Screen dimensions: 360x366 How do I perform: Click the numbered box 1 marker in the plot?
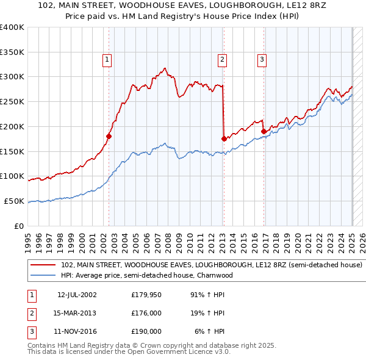[x=107, y=59]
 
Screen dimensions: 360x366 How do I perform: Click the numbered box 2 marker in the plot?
[x=221, y=59]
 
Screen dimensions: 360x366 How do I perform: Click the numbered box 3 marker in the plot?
[x=262, y=59]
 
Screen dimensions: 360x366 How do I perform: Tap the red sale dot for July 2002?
[x=109, y=136]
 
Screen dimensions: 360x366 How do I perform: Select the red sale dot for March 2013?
[x=224, y=139]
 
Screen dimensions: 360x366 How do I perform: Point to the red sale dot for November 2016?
[x=264, y=131]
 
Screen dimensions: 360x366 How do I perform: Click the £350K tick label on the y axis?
[x=12, y=52]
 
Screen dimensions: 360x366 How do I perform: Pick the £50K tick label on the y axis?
[x=14, y=201]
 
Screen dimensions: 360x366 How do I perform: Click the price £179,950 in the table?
[x=146, y=295]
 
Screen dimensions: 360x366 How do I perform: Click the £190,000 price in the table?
[x=146, y=331]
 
